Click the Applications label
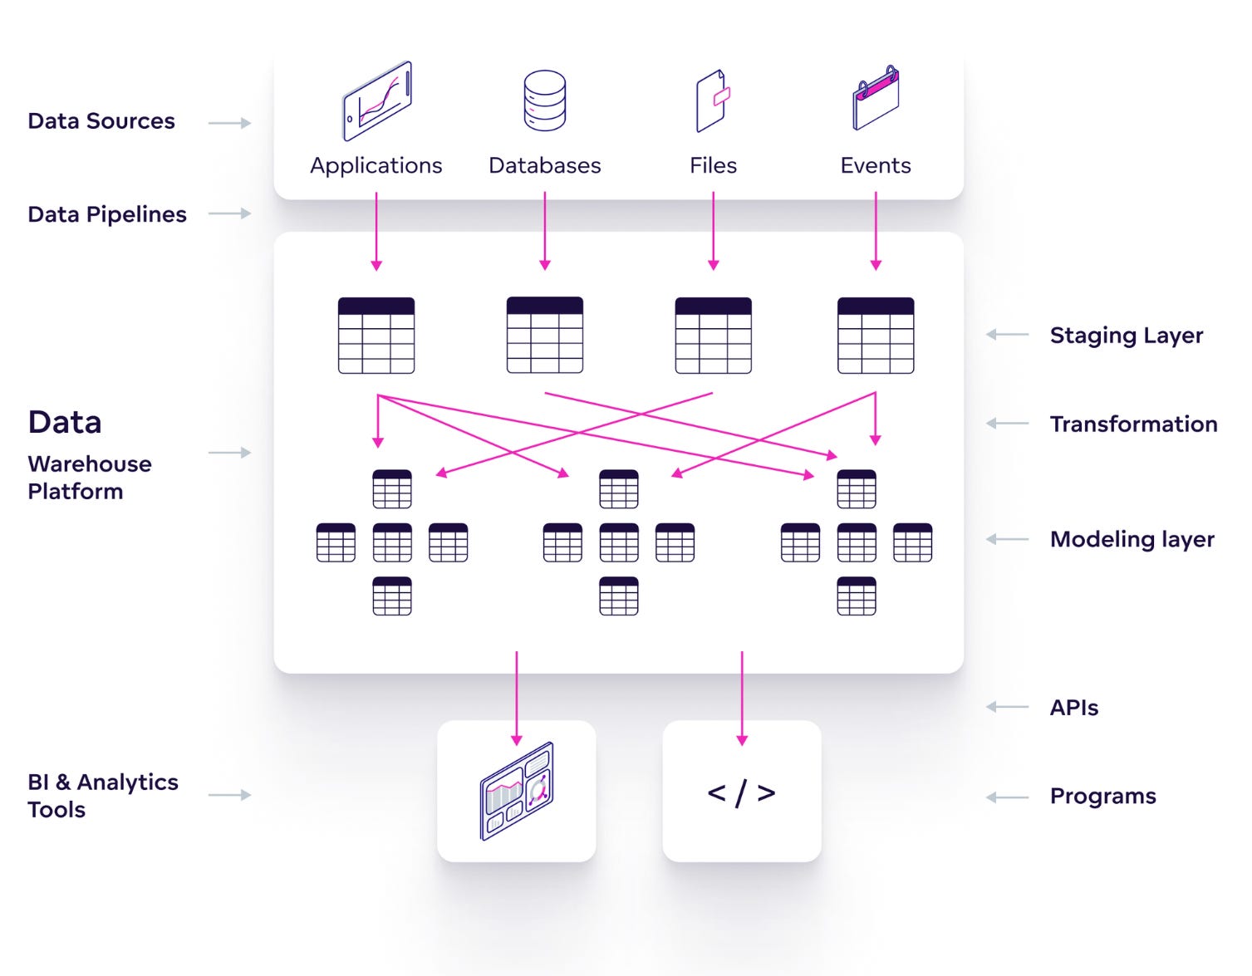(376, 166)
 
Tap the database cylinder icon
(544, 101)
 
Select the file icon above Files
(713, 101)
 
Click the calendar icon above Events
(876, 98)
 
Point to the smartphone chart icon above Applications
(377, 101)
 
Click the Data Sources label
(101, 121)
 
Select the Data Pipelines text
(107, 215)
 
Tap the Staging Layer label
(1127, 335)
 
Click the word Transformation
(1134, 424)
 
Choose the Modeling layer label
(1132, 540)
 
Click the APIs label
(1074, 707)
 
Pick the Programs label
(1102, 797)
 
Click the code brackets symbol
(742, 793)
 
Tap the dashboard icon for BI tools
(517, 791)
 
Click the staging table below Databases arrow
(544, 335)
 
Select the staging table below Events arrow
(876, 335)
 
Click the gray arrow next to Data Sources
(229, 123)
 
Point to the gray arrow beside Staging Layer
(1007, 334)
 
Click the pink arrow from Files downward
(714, 231)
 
